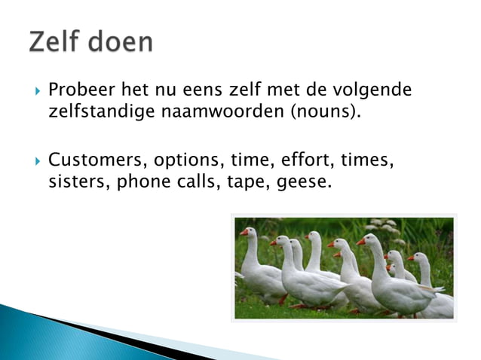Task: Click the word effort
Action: click(307, 160)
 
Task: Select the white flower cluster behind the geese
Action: click(381, 225)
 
